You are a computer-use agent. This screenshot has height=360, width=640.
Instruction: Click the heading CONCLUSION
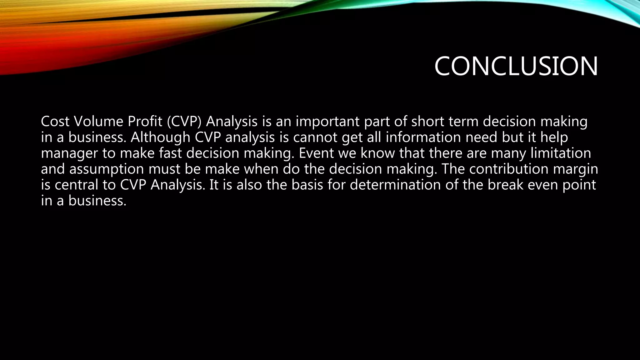tap(516, 66)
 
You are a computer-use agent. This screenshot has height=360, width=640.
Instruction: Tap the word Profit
tap(145, 122)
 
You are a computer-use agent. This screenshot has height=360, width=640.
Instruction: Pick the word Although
tap(160, 137)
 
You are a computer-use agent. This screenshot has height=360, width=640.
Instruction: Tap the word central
tap(76, 185)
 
